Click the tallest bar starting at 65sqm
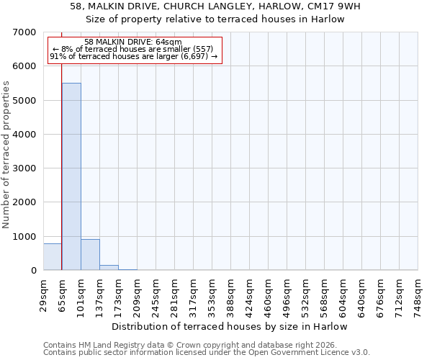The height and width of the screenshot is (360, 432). pyautogui.click(x=71, y=176)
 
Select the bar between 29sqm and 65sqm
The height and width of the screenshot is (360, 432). pyautogui.click(x=53, y=257)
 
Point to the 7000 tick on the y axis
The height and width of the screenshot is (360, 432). pyautogui.click(x=24, y=32)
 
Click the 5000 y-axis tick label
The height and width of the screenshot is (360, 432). pyautogui.click(x=24, y=101)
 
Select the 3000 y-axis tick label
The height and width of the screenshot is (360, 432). pyautogui.click(x=24, y=168)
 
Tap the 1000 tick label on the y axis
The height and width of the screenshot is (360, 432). pyautogui.click(x=24, y=237)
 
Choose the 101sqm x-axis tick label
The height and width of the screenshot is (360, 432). pyautogui.click(x=81, y=293)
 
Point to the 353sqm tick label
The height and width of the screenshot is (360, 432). pyautogui.click(x=212, y=293)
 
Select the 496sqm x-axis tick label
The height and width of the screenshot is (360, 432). pyautogui.click(x=287, y=293)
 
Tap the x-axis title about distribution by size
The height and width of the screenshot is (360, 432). pyautogui.click(x=230, y=326)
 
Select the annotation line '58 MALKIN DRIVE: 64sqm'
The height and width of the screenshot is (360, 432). pyautogui.click(x=133, y=42)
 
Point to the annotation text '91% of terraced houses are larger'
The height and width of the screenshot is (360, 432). pyautogui.click(x=133, y=56)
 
